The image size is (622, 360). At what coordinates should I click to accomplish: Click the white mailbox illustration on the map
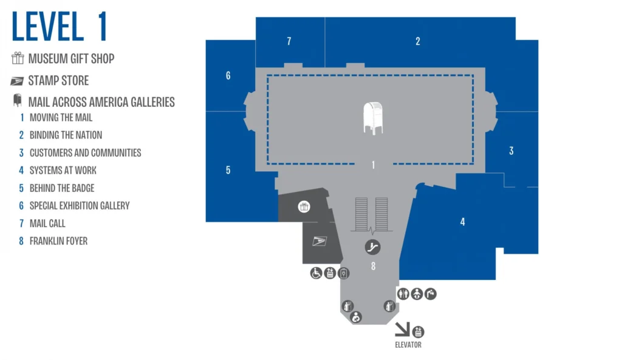374,118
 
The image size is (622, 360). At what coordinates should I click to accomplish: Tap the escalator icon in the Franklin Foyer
372,247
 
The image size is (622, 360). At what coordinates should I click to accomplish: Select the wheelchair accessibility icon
316,273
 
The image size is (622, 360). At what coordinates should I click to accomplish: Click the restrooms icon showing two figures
403,294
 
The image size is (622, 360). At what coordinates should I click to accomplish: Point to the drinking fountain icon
431,294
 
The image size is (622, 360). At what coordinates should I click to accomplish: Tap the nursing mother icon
356,317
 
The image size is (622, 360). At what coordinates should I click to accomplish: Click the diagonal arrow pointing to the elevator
402,329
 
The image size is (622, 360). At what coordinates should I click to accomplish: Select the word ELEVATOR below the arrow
408,345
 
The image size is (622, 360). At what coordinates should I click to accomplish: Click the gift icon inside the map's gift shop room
304,206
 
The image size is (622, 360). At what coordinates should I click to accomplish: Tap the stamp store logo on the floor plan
320,240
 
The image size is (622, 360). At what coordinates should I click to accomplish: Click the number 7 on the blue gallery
289,41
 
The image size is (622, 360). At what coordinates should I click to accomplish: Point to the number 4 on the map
462,222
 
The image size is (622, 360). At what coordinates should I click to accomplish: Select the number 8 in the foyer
374,267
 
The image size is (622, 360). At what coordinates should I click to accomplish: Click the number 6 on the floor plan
228,76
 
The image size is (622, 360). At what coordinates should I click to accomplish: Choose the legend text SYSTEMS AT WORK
63,171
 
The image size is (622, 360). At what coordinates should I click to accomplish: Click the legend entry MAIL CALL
47,223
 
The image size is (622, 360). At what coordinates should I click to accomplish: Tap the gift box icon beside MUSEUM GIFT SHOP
18,58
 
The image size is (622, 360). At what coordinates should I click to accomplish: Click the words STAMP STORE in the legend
58,81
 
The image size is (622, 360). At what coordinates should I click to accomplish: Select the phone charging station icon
344,273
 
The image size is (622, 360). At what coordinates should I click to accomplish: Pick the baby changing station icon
417,294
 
